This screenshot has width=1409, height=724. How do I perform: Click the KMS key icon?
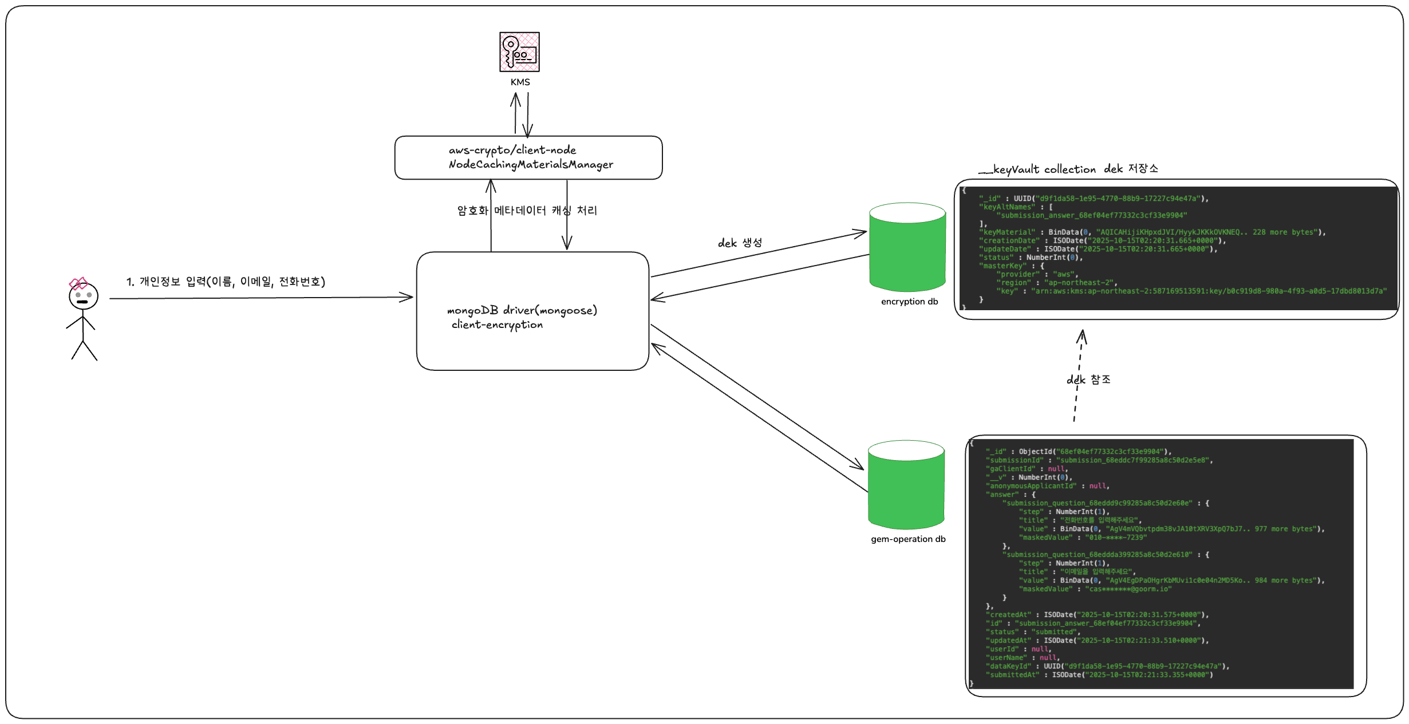coord(519,52)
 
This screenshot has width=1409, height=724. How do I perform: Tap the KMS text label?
coord(520,82)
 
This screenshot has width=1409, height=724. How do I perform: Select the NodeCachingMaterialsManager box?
coord(528,157)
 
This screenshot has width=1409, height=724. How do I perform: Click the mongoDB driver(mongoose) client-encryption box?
coord(532,311)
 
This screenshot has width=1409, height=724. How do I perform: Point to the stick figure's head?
coord(84,296)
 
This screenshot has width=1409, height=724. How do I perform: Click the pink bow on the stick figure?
coord(78,283)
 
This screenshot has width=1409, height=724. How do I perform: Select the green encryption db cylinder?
coord(907,247)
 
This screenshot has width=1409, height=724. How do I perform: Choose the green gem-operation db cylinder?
coord(906,485)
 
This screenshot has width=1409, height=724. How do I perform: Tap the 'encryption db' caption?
coord(909,302)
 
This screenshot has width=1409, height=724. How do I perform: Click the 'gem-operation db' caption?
coord(908,539)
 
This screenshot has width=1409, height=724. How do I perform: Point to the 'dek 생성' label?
coord(740,243)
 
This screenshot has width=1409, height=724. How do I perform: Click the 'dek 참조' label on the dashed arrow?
coord(1088,379)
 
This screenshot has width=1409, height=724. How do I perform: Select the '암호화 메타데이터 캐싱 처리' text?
coord(527,211)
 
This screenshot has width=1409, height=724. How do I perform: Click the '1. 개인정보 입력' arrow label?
coord(226,282)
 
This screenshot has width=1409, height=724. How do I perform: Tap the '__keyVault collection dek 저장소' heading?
coord(1068,169)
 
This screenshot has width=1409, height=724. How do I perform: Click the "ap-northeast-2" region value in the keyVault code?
coord(1080,283)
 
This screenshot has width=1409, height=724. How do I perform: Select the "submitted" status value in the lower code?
coord(1054,632)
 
